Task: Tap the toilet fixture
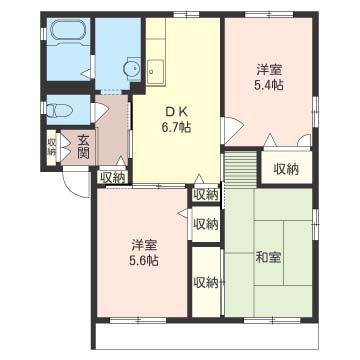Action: coord(60,110)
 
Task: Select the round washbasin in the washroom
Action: coord(132,69)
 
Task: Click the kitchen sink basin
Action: coord(156,72)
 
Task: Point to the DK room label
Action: coord(177,112)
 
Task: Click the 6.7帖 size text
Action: coord(178,127)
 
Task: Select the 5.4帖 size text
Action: coord(269,85)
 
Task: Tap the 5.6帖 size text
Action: coord(144,260)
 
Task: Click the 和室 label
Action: coord(269,257)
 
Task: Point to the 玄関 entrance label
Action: coord(82,147)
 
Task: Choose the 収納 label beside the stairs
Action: coord(286,170)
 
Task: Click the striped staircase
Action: coord(240,169)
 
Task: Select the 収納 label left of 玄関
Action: coord(52,147)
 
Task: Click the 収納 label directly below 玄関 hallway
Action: coord(112,177)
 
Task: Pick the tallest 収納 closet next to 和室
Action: coord(206,282)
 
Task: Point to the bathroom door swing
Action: coord(87,74)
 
